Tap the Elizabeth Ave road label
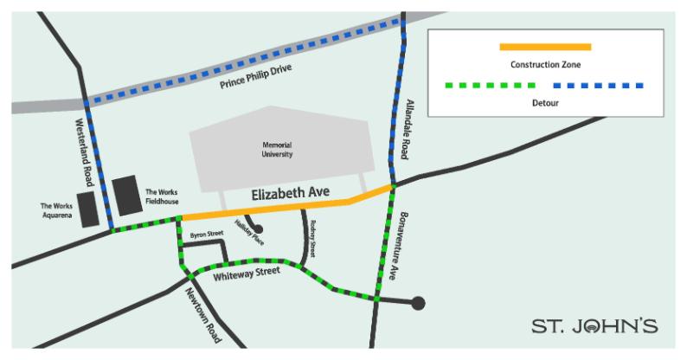[286, 196]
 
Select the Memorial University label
[278, 150]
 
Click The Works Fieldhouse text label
[163, 196]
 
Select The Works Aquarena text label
[56, 210]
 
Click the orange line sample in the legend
[545, 47]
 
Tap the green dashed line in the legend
[490, 86]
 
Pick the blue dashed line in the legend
[598, 86]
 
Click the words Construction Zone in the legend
[545, 65]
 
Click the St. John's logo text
[594, 326]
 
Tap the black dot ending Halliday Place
[258, 229]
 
